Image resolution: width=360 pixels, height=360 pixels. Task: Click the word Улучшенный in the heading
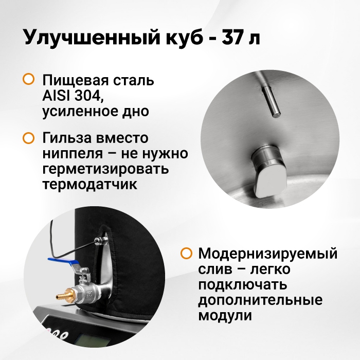click(92, 37)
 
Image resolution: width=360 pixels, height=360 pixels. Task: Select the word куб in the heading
click(184, 38)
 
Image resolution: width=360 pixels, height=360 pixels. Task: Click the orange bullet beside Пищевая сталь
click(29, 79)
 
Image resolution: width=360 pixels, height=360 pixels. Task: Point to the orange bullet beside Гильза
click(29, 138)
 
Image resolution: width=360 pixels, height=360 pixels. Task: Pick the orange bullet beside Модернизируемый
click(186, 253)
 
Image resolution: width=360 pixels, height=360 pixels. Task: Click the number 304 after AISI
click(88, 96)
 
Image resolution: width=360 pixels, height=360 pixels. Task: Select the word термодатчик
click(90, 184)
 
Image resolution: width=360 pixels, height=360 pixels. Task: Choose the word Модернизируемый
click(268, 254)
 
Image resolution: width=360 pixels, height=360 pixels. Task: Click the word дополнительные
click(260, 300)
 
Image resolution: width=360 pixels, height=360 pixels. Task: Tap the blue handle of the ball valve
click(64, 262)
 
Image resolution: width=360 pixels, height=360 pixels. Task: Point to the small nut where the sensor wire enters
click(101, 241)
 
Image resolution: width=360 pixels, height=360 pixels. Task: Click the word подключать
click(243, 285)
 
